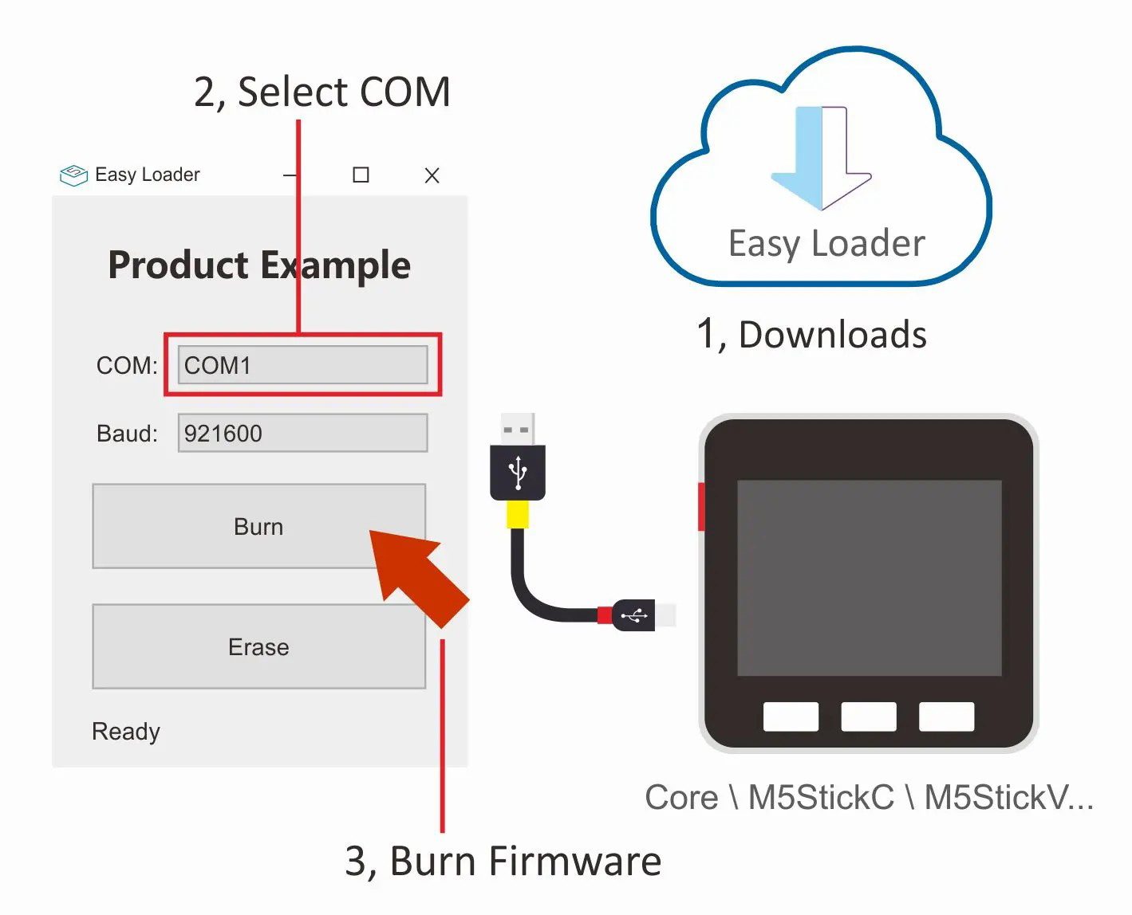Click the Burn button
258,526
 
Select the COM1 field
302,365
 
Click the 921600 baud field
302,433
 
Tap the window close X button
432,175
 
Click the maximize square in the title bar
361,175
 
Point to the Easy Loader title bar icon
73,175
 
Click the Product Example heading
259,265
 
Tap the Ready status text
126,731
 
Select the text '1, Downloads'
811,334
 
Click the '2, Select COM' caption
322,92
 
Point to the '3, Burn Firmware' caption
503,861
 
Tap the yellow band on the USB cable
518,514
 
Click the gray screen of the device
869,578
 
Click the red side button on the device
701,506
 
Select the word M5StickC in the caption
821,797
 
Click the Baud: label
127,433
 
